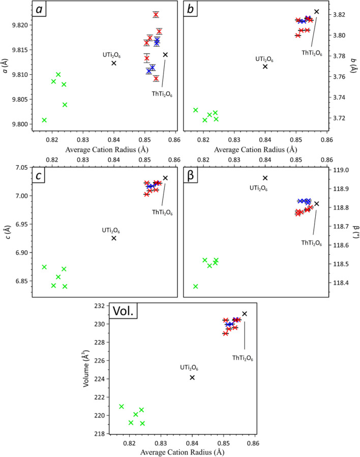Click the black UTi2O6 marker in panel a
(114, 63)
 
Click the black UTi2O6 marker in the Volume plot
(192, 377)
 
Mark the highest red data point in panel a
(156, 14)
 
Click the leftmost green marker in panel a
(44, 120)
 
